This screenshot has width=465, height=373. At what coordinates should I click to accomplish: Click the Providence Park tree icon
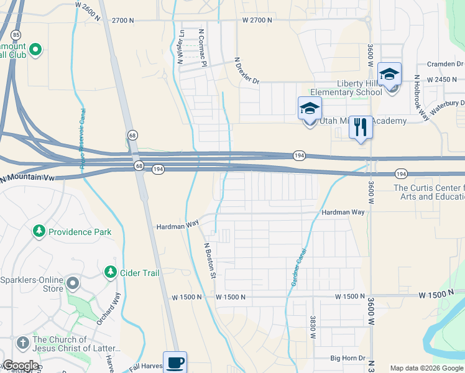tap(39, 231)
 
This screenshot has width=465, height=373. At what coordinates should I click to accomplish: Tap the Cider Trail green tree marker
tap(111, 272)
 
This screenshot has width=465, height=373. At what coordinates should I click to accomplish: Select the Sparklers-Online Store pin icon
tap(73, 284)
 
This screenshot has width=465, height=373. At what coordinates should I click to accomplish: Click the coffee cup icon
tap(175, 362)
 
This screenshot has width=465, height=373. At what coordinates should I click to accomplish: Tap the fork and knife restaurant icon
tap(361, 127)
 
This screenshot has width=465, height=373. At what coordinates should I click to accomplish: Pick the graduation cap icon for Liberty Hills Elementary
tap(389, 75)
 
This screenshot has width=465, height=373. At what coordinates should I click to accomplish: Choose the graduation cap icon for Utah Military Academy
tap(310, 109)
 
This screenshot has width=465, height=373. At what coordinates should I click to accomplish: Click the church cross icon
tap(22, 343)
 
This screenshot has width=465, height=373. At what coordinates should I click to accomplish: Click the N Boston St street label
tap(209, 259)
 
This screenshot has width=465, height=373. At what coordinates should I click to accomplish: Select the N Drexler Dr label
tap(246, 70)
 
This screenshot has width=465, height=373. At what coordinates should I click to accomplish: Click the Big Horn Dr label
tap(347, 359)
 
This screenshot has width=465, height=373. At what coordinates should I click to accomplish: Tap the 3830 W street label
tap(312, 327)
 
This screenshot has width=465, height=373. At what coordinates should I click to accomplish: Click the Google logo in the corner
tap(20, 366)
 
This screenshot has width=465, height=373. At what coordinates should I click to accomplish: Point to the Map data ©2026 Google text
tap(426, 368)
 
